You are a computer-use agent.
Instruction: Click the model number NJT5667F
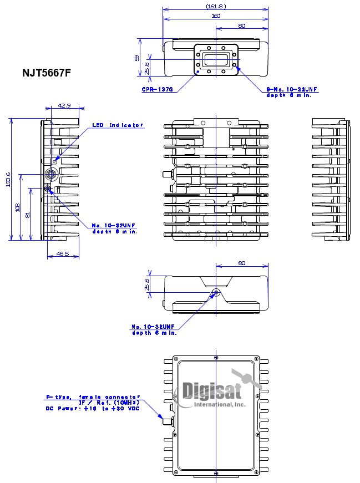[46, 72]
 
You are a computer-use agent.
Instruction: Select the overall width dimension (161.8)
[215, 6]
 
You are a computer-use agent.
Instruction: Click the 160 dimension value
[215, 16]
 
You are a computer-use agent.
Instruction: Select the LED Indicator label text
[118, 125]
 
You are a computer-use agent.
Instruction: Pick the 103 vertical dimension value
[18, 208]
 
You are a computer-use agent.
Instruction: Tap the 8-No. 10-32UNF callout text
[292, 89]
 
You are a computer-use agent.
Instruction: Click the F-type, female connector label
[93, 397]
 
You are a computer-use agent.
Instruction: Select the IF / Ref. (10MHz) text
[108, 403]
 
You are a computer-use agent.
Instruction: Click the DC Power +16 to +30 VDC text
[92, 409]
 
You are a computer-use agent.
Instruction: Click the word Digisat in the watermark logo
[211, 391]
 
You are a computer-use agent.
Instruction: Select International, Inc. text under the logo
[219, 405]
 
